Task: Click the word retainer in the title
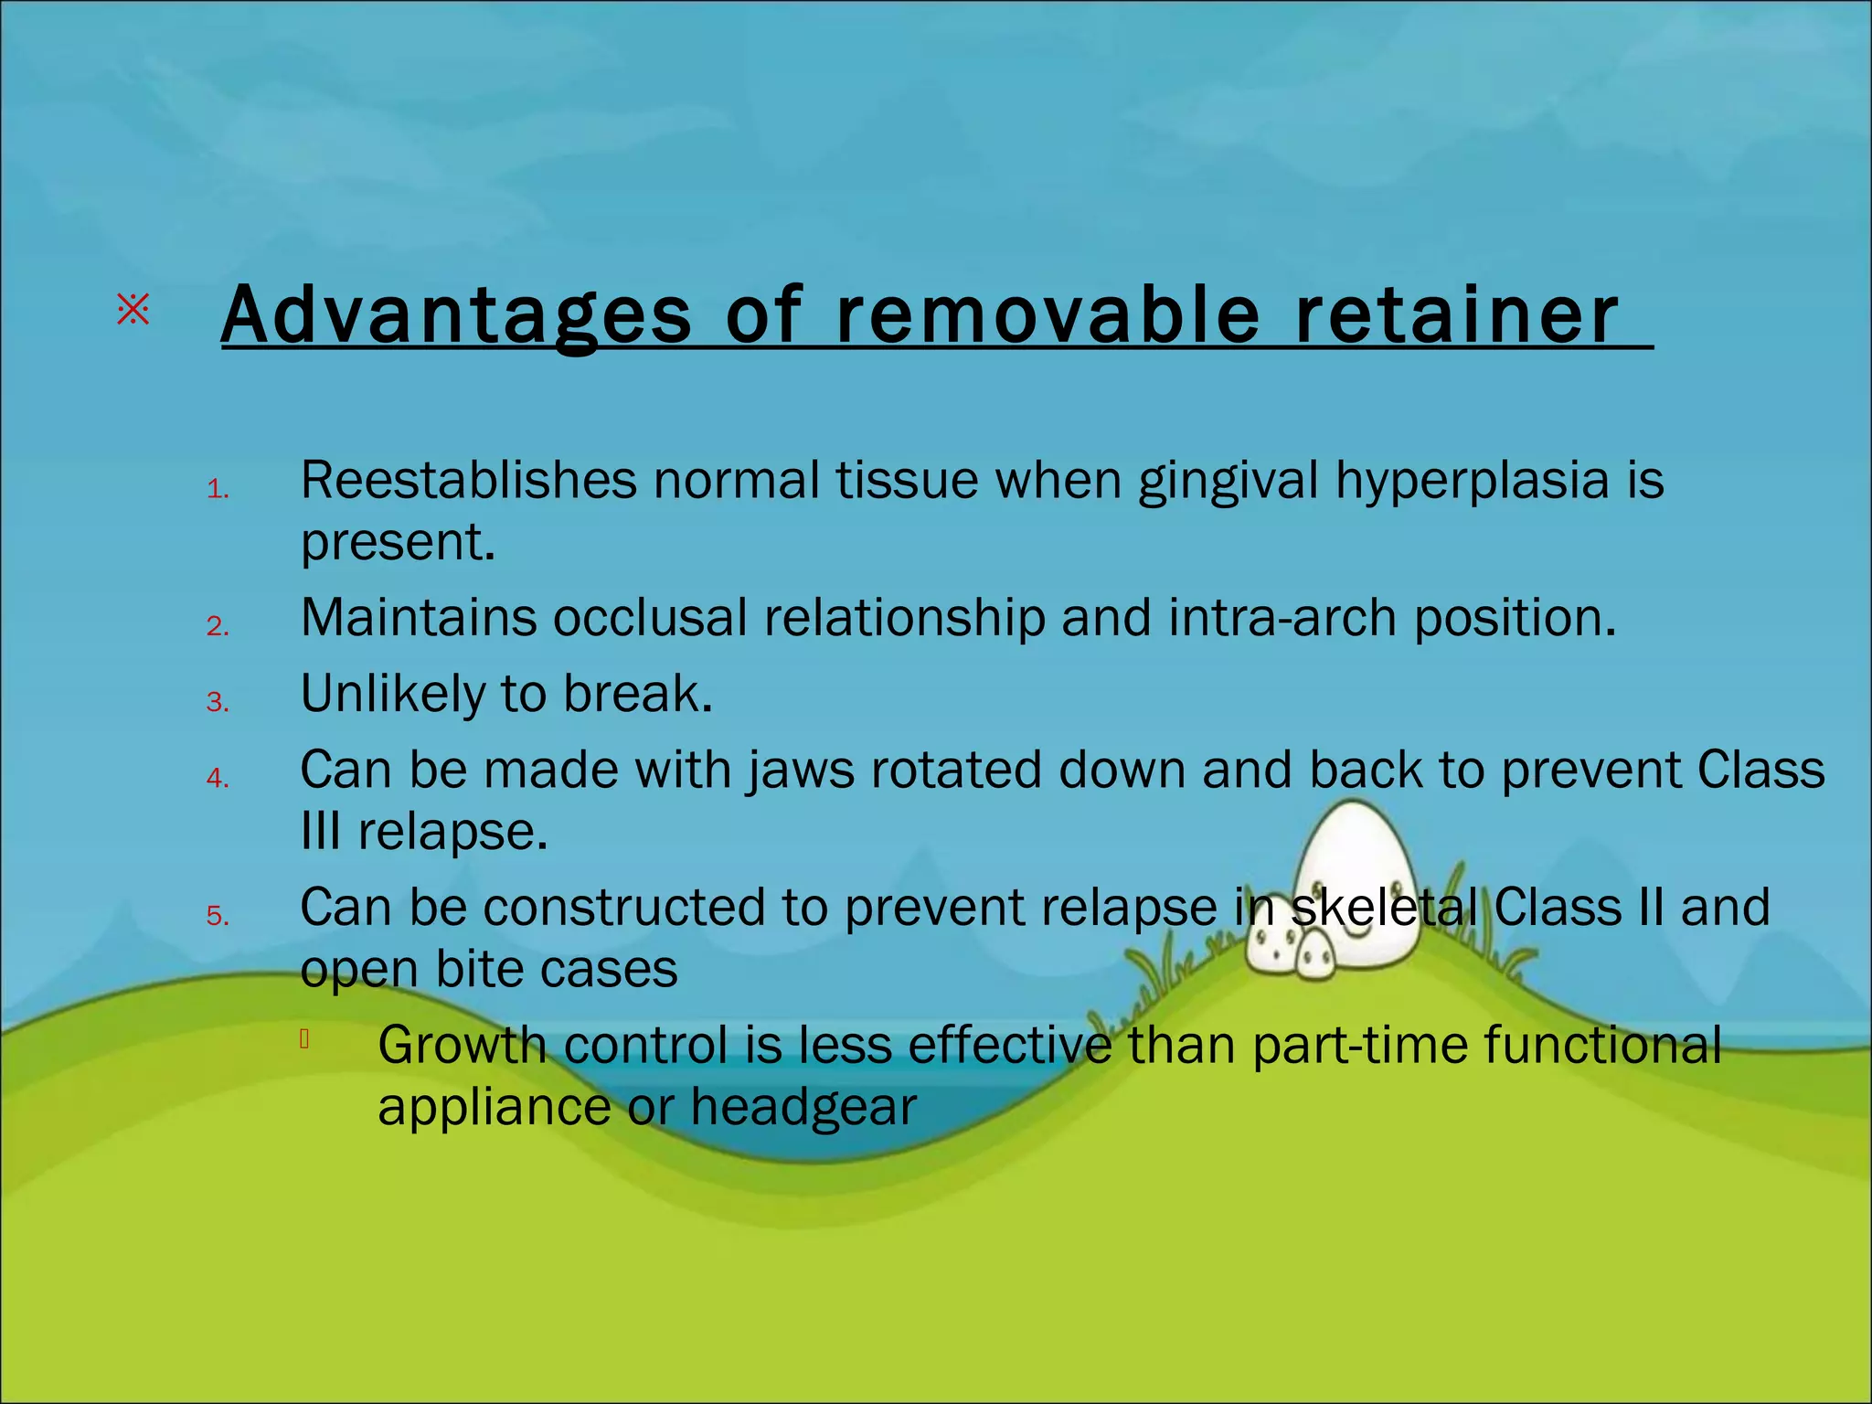pos(1457,315)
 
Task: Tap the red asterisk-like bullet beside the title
pos(133,311)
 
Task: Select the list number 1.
pos(217,490)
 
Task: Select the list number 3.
pos(217,702)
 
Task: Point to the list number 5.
pos(217,916)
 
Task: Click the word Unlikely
pos(392,694)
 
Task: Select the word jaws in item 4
pos(802,770)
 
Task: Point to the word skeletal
pos(1384,908)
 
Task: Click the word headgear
pos(803,1107)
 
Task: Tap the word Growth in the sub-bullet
pos(462,1046)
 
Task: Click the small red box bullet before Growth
pos(304,1038)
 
